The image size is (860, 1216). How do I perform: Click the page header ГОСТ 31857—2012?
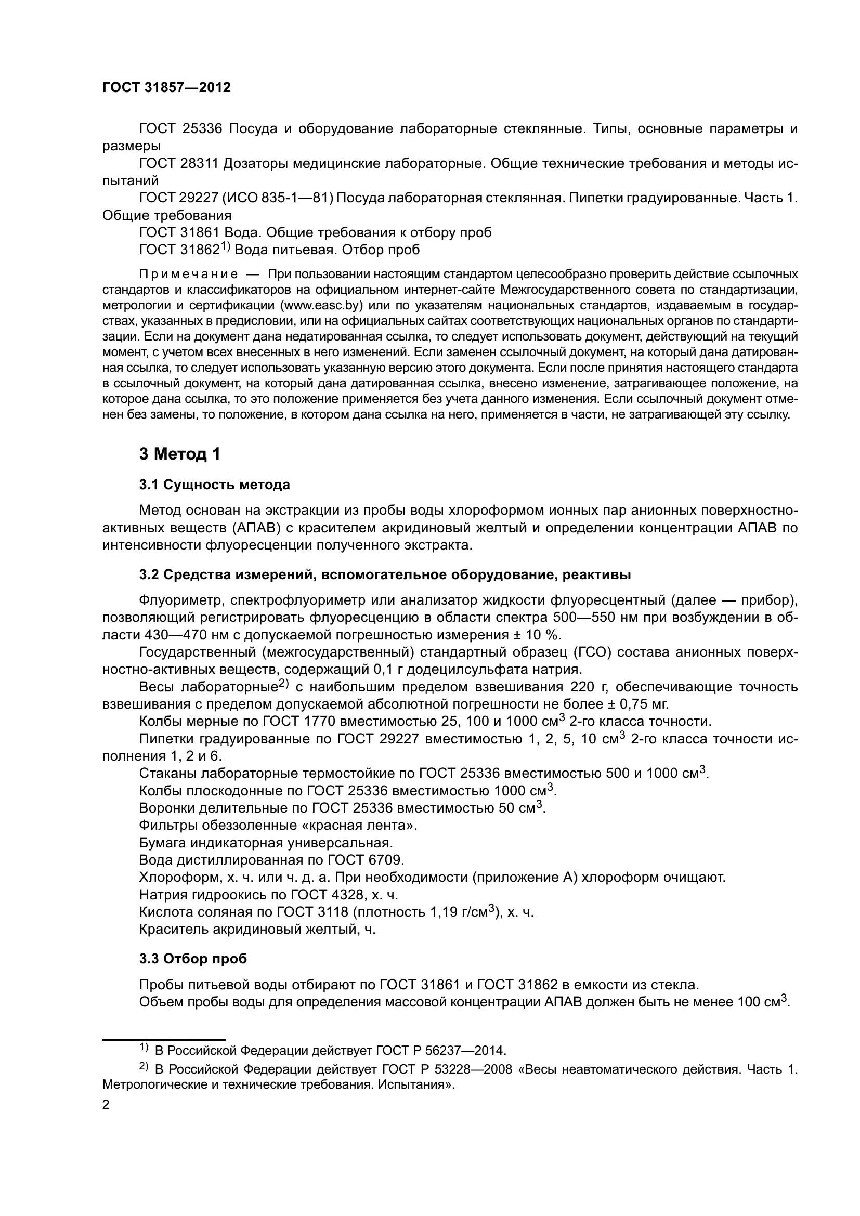[x=166, y=87]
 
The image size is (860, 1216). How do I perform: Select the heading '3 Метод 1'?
[x=179, y=454]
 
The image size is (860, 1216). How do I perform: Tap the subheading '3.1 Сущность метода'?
[x=214, y=485]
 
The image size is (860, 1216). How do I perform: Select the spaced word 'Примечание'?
[x=189, y=274]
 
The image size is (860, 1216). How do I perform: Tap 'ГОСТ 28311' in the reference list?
[x=178, y=164]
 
